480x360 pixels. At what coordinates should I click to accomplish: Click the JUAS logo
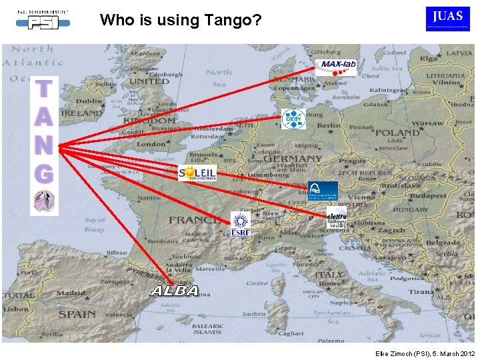[447, 18]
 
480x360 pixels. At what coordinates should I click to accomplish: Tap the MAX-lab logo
[336, 65]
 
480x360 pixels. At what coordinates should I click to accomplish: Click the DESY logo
[293, 119]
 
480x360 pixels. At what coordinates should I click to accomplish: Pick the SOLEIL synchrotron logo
[197, 173]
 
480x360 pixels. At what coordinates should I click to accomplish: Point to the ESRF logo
[240, 224]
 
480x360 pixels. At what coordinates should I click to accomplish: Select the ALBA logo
[174, 291]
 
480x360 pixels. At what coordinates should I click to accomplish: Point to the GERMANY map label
[292, 161]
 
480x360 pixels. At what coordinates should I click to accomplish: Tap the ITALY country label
[329, 275]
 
